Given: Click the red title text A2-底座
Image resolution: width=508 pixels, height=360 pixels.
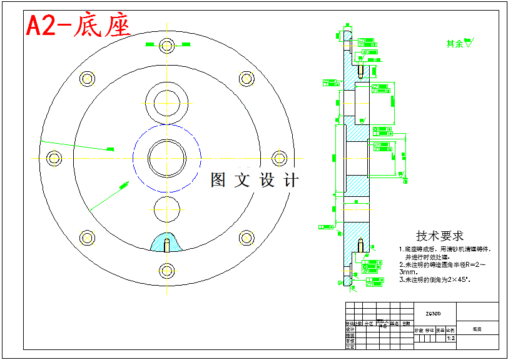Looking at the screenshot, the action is (x=78, y=27).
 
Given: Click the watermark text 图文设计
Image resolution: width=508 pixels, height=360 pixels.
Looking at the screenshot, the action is (x=254, y=181).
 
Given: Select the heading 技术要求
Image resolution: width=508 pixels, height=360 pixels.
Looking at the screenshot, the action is (x=440, y=236).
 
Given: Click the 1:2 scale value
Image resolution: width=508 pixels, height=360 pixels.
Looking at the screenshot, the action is (x=450, y=338).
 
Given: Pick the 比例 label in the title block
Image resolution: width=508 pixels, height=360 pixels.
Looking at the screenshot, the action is (x=450, y=329).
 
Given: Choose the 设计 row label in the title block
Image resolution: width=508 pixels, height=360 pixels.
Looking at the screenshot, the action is (x=350, y=329).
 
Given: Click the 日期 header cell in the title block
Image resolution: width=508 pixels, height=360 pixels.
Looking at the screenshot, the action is (x=407, y=323).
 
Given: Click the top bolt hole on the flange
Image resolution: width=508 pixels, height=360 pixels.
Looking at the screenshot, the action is (x=166, y=46).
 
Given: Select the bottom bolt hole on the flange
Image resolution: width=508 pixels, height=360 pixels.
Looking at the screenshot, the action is (x=166, y=270).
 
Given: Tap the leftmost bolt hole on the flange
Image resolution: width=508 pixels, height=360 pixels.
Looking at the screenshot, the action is (x=54, y=157).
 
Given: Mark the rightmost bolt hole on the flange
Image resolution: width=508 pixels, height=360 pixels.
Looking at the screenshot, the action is (x=280, y=157).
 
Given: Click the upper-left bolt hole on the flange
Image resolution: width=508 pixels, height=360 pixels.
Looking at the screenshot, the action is (x=87, y=78).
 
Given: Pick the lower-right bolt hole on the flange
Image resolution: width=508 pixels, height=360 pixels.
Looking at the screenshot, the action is (x=246, y=237).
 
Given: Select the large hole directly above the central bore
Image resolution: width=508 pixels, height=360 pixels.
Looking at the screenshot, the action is (x=166, y=101).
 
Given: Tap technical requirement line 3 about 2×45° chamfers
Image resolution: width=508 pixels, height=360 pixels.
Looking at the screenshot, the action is (x=435, y=280).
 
